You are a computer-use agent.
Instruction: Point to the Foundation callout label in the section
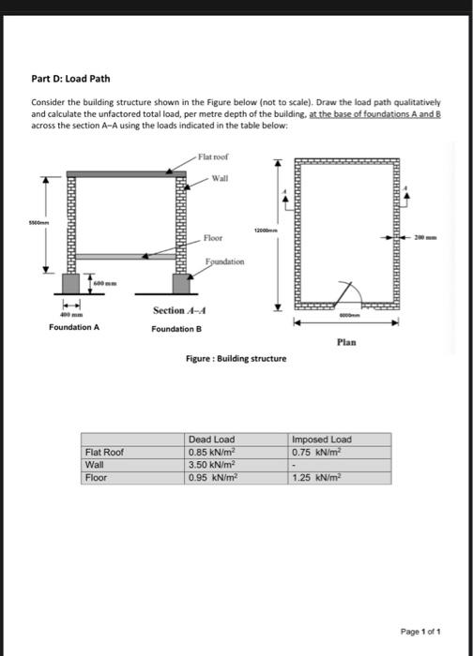[223, 263]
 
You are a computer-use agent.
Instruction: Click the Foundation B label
[176, 329]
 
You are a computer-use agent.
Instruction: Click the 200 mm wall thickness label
[434, 239]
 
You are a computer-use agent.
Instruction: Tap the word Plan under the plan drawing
[344, 343]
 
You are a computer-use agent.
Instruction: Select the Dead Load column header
[211, 439]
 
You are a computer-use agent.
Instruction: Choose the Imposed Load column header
[322, 439]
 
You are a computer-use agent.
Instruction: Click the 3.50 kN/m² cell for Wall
[208, 464]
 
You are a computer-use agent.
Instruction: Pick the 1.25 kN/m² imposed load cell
[313, 477]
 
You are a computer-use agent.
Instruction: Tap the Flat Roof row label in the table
[103, 452]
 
